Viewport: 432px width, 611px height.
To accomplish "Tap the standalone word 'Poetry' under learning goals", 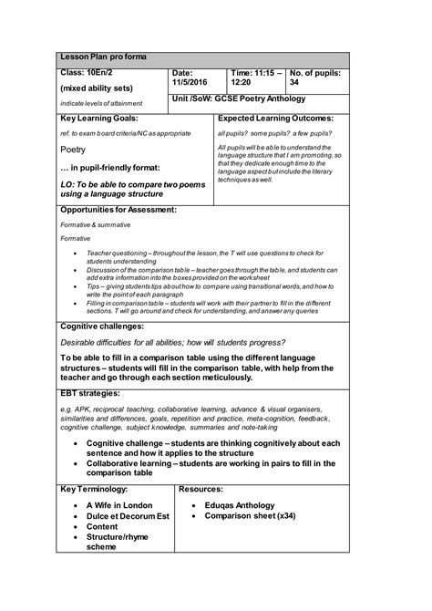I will [x=73, y=149].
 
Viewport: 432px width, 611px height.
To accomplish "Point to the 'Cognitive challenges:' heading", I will [x=102, y=326].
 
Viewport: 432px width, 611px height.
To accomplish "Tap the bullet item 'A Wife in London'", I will [x=119, y=505].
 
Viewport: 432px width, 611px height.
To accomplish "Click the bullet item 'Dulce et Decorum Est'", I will [x=128, y=516].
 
